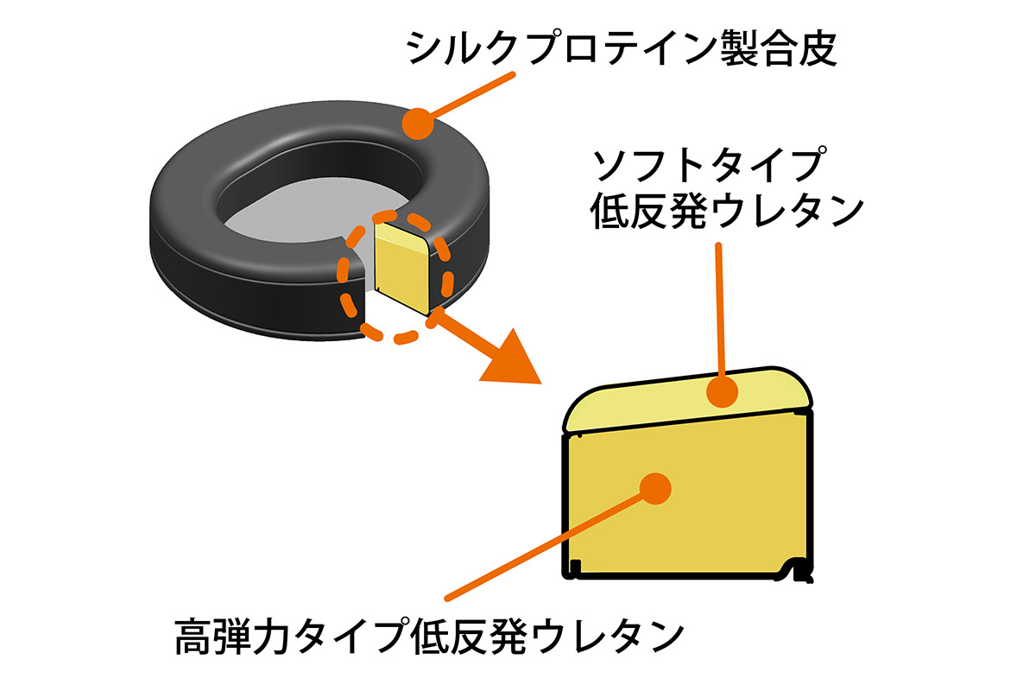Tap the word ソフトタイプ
point(704,163)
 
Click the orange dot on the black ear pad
point(419,124)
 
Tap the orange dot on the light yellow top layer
point(723,392)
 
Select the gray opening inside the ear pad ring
point(285,207)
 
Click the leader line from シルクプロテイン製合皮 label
point(471,93)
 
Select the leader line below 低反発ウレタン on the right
point(719,311)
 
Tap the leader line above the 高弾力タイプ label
point(544,544)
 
